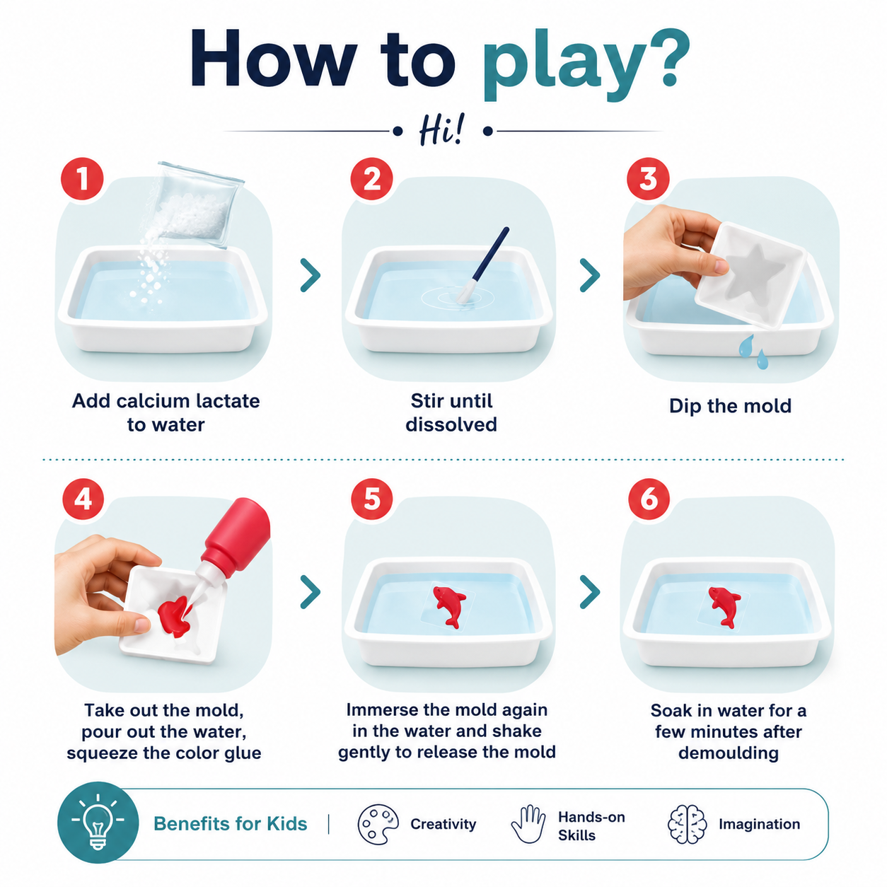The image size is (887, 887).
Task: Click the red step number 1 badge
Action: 82,178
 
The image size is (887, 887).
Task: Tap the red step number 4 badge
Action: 83,499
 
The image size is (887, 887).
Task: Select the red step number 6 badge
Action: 649,499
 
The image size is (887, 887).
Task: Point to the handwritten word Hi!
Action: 442,130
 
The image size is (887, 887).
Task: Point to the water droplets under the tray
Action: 753,352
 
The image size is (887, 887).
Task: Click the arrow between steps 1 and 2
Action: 311,274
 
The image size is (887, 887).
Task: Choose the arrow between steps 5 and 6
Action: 590,592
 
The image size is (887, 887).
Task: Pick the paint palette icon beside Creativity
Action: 378,824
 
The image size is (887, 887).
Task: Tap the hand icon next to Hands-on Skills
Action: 528,824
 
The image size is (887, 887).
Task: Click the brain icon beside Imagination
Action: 688,824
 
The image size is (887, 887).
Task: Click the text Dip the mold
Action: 730,406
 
